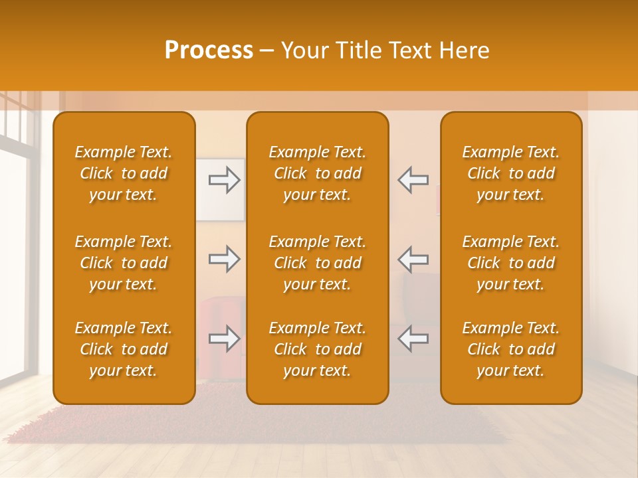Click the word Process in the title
(209, 50)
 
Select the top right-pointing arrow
(225, 180)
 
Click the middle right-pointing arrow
(225, 259)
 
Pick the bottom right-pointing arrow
(225, 339)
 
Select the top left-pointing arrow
(413, 180)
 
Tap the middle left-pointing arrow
(413, 259)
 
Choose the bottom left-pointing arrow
(413, 339)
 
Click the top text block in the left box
(124, 173)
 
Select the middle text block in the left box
(124, 263)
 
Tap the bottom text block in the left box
(124, 349)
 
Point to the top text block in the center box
(317, 173)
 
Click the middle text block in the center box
(317, 263)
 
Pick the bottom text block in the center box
(317, 349)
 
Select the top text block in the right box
(510, 173)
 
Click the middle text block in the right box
(510, 263)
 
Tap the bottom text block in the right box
(510, 349)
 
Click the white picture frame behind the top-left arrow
(219, 206)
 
